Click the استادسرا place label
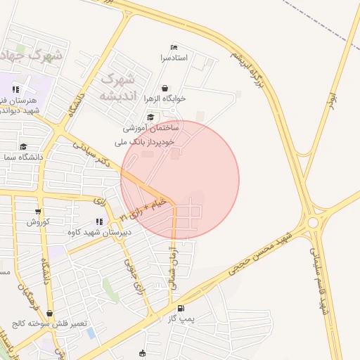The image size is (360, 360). click(x=174, y=57)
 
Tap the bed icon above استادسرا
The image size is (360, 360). click(x=174, y=47)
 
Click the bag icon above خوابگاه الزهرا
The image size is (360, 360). click(x=165, y=89)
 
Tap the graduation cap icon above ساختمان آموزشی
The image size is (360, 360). click(x=150, y=117)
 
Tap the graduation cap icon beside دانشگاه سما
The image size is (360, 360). click(x=23, y=147)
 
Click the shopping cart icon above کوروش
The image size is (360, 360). click(x=37, y=211)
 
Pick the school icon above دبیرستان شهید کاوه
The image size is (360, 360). click(x=98, y=221)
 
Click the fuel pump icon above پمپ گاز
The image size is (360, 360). click(x=182, y=308)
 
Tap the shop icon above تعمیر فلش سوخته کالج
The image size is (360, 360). click(x=49, y=314)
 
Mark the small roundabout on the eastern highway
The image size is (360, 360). click(x=311, y=219)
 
